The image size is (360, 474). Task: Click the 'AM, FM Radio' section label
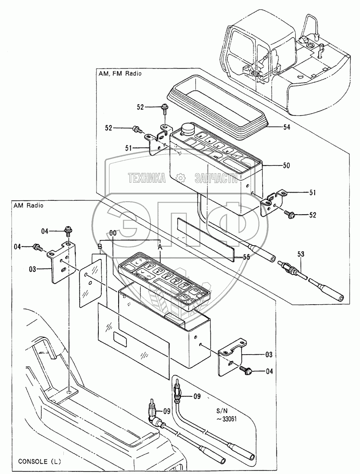[120, 73]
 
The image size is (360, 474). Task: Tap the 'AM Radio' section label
[28, 205]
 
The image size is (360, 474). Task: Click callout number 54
[286, 127]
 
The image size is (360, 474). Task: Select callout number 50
[286, 165]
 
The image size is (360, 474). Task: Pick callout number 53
[301, 254]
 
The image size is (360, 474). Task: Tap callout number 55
[247, 257]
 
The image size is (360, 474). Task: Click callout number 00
[113, 233]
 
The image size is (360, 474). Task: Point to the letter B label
[100, 246]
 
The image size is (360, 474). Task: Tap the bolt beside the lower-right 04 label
[245, 368]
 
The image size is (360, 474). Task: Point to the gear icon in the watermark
[180, 178]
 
